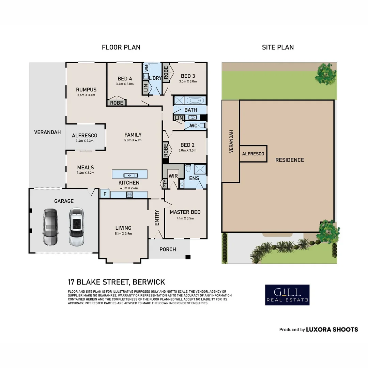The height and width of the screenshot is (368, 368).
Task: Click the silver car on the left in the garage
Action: click(50, 227)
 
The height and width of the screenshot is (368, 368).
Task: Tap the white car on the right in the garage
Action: click(76, 227)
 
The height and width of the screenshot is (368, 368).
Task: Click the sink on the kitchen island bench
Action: click(130, 175)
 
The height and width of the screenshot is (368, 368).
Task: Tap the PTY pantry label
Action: click(165, 184)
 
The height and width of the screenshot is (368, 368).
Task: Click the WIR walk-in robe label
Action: click(173, 175)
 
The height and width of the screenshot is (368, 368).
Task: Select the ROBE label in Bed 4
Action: click(117, 103)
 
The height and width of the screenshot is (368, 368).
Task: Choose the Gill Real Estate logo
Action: click(287, 295)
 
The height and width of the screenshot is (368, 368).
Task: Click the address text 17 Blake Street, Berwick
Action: click(117, 282)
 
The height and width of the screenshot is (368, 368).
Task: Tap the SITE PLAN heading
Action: click(278, 47)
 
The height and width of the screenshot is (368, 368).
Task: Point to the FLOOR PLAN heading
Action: click(121, 47)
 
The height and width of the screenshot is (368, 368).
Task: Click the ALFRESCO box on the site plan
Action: click(253, 154)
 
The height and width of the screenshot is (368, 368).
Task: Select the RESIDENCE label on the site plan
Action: click(290, 160)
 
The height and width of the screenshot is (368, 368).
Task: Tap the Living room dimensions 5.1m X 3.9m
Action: click(123, 234)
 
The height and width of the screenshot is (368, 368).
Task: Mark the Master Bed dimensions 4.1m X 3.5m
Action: click(185, 218)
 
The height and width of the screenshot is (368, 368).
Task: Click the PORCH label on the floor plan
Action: click(168, 249)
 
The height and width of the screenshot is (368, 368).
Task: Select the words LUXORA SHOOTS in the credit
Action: click(332, 329)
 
